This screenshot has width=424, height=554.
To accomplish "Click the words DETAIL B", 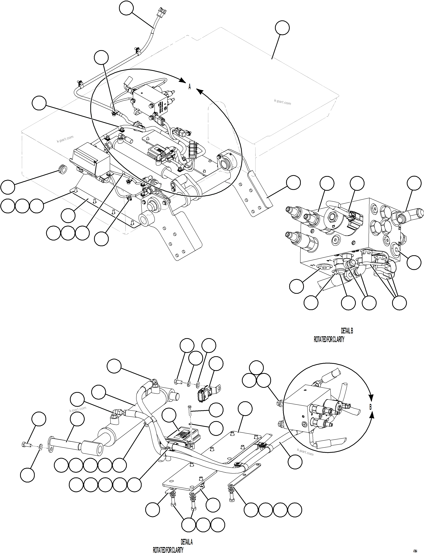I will point(347,331).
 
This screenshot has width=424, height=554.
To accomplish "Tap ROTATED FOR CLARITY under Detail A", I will point(168,550).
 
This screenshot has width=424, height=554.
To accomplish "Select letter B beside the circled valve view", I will point(371,407).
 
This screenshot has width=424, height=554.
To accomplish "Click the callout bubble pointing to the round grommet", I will point(8,187).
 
